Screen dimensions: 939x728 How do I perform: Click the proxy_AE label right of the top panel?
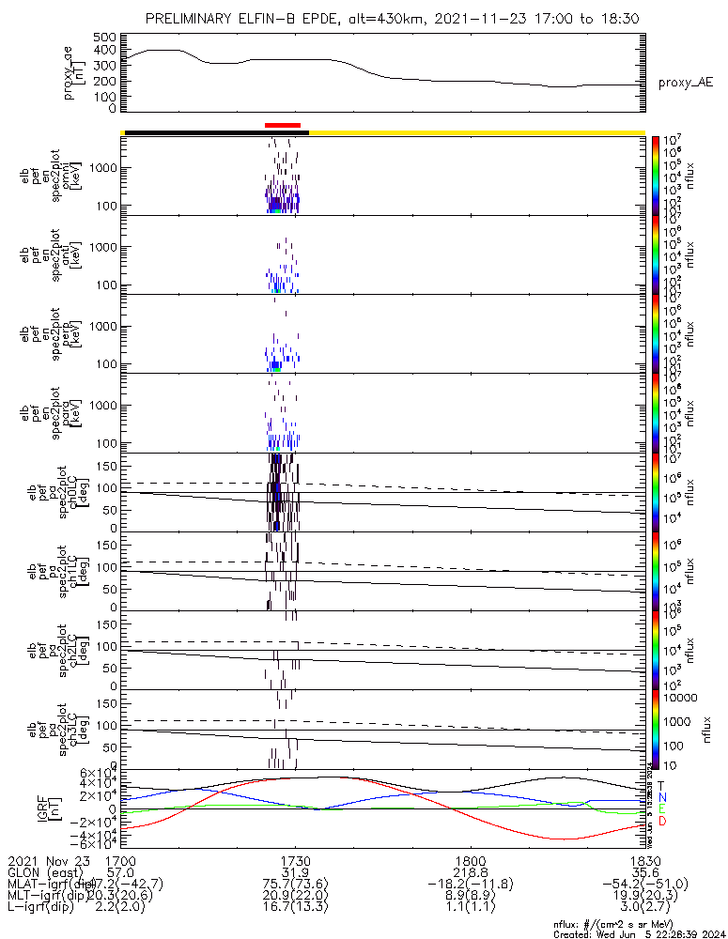[x=685, y=83]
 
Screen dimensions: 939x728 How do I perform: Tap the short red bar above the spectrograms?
[x=283, y=124]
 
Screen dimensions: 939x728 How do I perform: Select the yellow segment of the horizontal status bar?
[x=476, y=132]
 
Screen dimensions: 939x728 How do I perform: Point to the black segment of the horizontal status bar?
[x=216, y=132]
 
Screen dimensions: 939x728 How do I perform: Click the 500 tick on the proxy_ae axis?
[x=105, y=37]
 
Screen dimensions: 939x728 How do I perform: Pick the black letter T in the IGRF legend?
[x=661, y=785]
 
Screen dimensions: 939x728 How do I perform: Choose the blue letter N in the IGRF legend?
[x=661, y=797]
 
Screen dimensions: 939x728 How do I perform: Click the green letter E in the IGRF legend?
[x=661, y=808]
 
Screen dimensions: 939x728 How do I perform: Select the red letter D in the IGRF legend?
[x=661, y=822]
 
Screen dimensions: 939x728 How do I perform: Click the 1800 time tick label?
[x=470, y=860]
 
